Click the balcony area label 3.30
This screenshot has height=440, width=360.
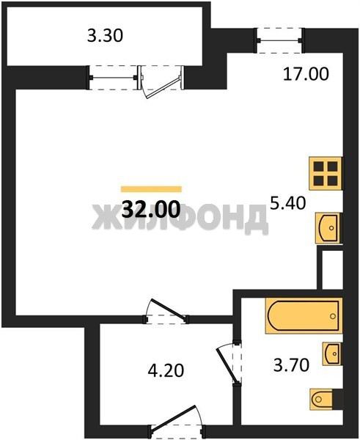pos(105,36)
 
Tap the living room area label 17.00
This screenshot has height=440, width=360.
pos(306,74)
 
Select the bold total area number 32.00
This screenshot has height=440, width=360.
pos(151,209)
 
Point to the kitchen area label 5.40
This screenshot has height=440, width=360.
pos(287,203)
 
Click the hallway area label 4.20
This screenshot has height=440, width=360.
pos(166,370)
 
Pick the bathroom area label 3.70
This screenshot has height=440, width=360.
pos(291,365)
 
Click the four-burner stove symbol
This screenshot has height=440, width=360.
pos(326,173)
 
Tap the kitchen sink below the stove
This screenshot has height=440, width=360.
pos(328,228)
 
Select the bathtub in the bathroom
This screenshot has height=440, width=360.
pos(304,316)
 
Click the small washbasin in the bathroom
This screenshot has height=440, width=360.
pos(332,353)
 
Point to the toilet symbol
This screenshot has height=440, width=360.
pos(326,400)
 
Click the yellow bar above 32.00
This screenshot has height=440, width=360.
pos(151,189)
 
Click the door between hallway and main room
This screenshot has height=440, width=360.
pos(166,312)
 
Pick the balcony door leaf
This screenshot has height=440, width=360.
pos(163,88)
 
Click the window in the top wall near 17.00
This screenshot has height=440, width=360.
pos(279,40)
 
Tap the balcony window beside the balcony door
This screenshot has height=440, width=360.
pos(112,78)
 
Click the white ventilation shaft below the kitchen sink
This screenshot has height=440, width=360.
pos(332,270)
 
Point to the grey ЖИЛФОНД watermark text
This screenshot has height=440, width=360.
pos(180,219)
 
